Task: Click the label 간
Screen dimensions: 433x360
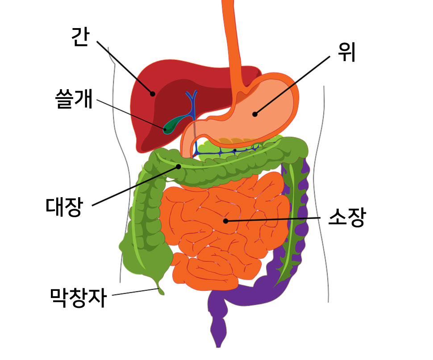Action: coord(80,37)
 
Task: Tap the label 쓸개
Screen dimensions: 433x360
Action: coord(74,99)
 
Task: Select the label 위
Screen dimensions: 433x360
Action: coord(347,52)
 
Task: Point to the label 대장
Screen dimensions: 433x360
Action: coord(64,207)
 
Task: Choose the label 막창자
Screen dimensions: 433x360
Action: coord(79,298)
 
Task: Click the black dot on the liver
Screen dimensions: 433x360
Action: coord(152,94)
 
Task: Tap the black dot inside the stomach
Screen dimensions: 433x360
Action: coord(255,114)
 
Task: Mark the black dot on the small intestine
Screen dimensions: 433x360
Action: coord(225,221)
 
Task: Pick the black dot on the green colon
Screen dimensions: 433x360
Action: coord(179,167)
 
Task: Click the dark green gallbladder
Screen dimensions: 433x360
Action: coord(175,124)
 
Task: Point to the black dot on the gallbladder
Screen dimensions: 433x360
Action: coord(165,129)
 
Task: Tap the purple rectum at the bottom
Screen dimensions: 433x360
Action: coord(219,326)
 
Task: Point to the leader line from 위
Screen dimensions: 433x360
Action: coord(292,85)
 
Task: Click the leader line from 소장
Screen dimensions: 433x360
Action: coord(273,219)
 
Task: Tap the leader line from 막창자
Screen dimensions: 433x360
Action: coord(135,292)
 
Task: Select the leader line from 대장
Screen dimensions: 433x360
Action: coord(135,186)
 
